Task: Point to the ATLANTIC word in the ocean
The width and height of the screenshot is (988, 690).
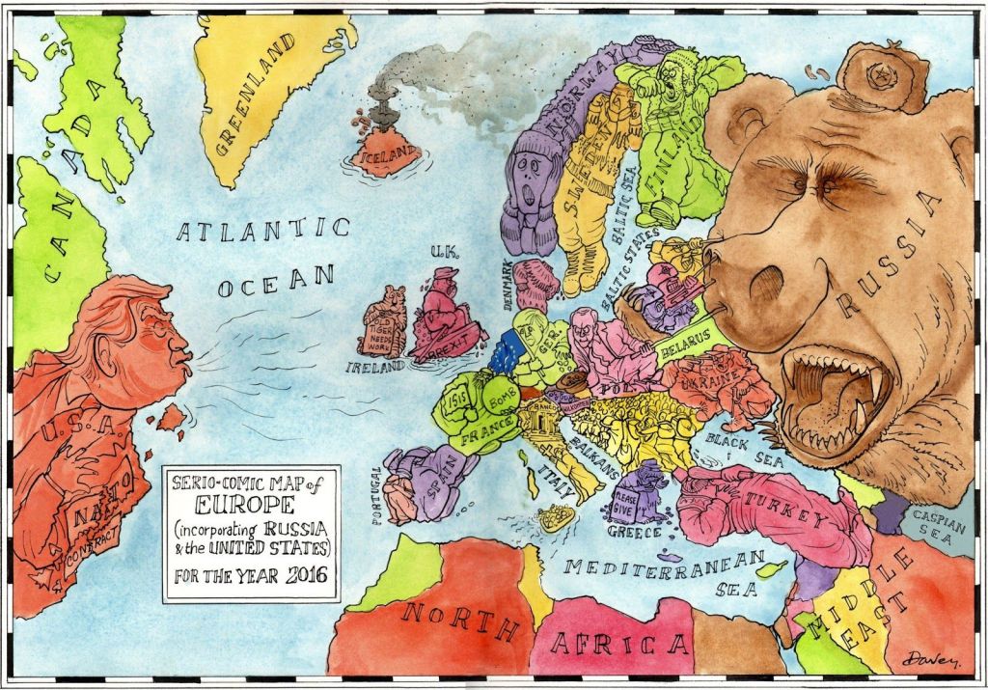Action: click(x=263, y=231)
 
